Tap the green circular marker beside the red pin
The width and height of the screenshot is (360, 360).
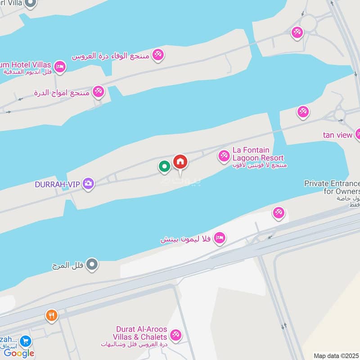point(165,166)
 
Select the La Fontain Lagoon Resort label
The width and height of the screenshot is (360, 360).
point(258,154)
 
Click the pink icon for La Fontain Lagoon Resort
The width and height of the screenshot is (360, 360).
point(224,156)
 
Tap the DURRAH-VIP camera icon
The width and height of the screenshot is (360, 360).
point(89,184)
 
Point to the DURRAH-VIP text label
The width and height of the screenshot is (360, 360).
point(58,184)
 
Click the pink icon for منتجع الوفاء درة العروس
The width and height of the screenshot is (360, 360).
point(158,55)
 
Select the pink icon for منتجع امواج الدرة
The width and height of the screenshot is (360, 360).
point(98,92)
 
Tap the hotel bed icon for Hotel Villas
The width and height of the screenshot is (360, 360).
point(60,67)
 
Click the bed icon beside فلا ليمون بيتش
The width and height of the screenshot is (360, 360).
point(219,238)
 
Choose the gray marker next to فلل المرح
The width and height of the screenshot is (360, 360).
point(92,265)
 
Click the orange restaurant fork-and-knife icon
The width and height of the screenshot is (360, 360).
point(52,316)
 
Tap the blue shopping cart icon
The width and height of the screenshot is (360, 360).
point(26,341)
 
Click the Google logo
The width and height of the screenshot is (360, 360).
point(19,353)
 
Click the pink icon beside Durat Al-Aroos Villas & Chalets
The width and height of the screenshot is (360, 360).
point(175,335)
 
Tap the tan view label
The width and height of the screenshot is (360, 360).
point(337,135)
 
